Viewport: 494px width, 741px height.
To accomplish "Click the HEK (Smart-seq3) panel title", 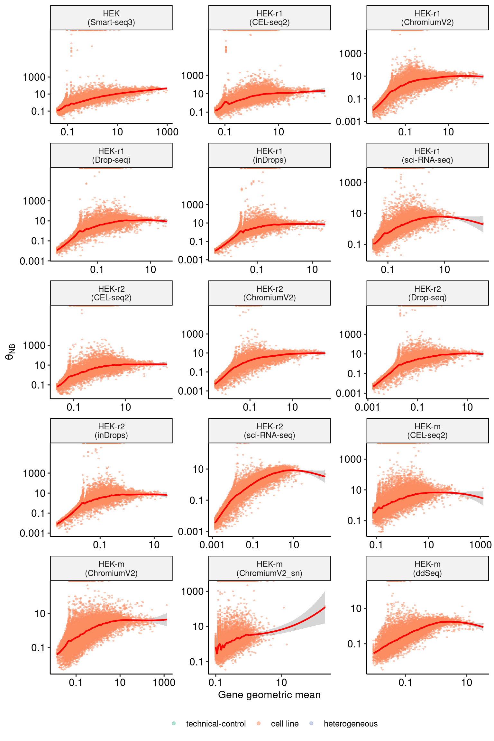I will click(x=111, y=18).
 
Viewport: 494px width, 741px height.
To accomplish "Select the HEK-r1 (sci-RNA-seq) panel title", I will click(x=427, y=156).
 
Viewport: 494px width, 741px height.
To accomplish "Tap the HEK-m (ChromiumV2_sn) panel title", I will click(x=270, y=569).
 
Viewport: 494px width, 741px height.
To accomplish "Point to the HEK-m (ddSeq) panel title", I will click(x=427, y=569).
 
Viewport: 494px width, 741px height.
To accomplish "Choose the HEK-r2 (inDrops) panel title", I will click(x=111, y=431).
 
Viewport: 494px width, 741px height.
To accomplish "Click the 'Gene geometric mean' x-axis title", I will click(x=270, y=695).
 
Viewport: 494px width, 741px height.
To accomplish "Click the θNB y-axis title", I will click(x=10, y=352).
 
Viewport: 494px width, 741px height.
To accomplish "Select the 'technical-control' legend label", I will click(x=216, y=724).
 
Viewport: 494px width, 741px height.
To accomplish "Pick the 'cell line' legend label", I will click(x=285, y=724).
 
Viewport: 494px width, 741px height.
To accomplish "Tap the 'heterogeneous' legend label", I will click(x=351, y=724).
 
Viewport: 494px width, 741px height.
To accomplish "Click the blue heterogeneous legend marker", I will click(x=311, y=723).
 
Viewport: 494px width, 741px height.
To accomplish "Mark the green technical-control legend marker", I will click(x=174, y=723).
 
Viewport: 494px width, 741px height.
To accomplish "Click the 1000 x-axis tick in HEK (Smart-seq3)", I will click(x=167, y=132).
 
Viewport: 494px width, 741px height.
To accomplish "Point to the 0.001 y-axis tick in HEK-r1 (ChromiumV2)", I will click(x=349, y=122).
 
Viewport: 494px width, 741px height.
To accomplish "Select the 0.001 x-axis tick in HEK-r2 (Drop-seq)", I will click(x=367, y=407).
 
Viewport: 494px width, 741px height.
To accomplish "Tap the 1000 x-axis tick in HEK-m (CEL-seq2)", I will click(x=480, y=545).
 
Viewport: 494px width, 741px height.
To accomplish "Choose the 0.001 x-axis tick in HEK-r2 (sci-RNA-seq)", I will click(x=212, y=545).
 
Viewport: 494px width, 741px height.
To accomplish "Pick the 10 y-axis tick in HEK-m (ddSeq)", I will click(x=356, y=608).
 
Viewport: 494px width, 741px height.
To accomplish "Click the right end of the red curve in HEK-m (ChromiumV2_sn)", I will click(x=325, y=607).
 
